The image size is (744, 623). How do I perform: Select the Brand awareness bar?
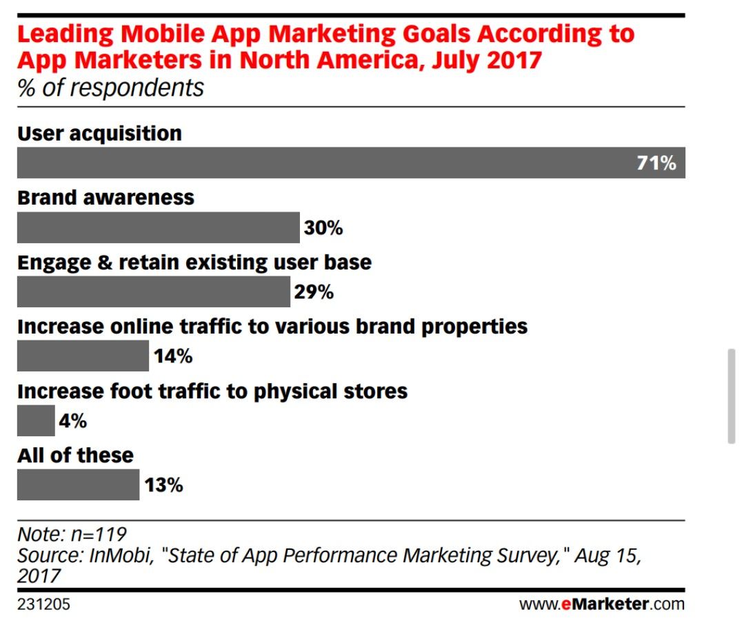tap(158, 228)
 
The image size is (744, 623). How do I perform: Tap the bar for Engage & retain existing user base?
tap(153, 292)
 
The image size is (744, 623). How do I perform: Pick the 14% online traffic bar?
tap(82, 356)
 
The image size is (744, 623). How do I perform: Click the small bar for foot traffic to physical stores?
tap(35, 421)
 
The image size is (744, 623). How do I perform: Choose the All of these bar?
tap(78, 485)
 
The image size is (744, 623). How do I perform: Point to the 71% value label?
tap(656, 164)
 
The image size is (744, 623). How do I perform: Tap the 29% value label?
tap(314, 292)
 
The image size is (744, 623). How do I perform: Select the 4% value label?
tap(73, 421)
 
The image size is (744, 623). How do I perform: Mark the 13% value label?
tap(164, 485)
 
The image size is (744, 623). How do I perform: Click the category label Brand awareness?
tap(105, 198)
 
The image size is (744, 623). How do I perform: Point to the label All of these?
tap(75, 456)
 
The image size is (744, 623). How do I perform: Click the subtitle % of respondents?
tap(110, 88)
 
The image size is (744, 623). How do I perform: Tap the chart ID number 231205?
tap(43, 605)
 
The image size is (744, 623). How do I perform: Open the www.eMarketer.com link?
tap(602, 605)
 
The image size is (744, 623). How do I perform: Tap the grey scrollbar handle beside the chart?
tap(732, 396)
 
